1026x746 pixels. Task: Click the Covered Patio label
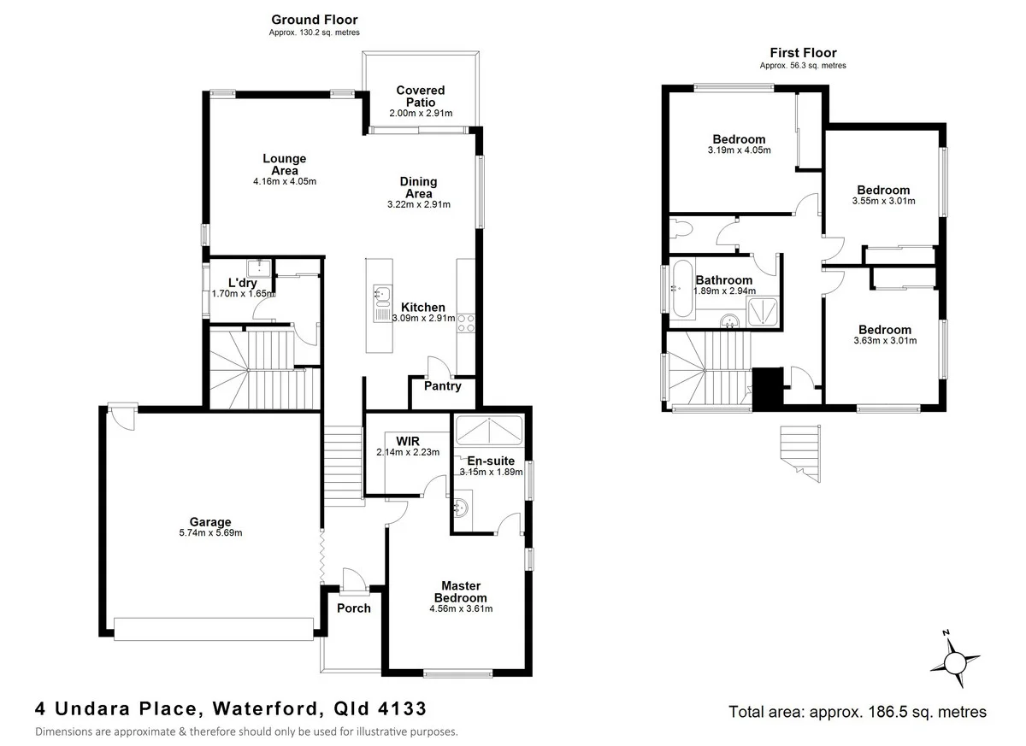coord(420,96)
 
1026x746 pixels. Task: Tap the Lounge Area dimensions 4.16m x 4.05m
coord(285,181)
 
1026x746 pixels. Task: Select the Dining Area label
coord(418,187)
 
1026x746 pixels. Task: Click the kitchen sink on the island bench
coord(380,296)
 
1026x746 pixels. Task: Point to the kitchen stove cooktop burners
coord(468,322)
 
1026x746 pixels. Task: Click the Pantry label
coord(442,386)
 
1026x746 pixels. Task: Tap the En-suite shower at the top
coord(488,430)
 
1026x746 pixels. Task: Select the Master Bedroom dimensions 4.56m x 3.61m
coord(462,608)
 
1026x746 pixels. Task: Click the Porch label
coord(353,608)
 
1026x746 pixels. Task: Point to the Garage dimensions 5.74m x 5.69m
coord(210,533)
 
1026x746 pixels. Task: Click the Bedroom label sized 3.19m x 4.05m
coord(739,139)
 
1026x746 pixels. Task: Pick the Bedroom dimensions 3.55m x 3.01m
coord(883,202)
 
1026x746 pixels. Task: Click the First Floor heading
coord(802,53)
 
